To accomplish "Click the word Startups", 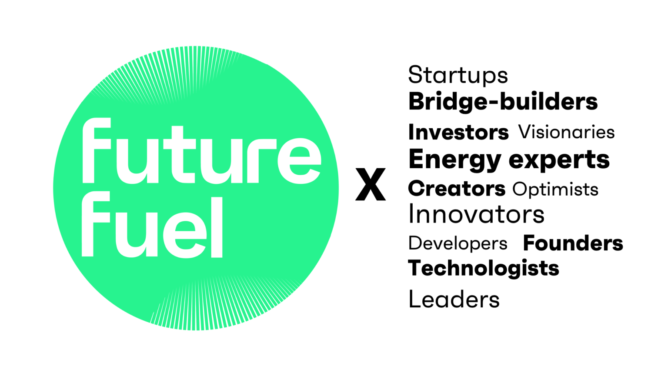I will [458, 76].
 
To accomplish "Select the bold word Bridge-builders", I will [503, 102].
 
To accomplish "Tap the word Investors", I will [458, 132].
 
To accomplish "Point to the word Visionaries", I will [566, 132].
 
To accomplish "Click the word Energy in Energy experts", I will [455, 160].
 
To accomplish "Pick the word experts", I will [559, 160].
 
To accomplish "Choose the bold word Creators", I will [457, 189].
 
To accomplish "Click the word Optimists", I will [555, 190].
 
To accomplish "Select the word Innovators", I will [476, 214].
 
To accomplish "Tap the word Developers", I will [458, 243].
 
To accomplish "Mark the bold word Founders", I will [573, 243].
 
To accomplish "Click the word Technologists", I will [484, 269].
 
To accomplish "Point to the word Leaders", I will [454, 299].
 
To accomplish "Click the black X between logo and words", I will [371, 185].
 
